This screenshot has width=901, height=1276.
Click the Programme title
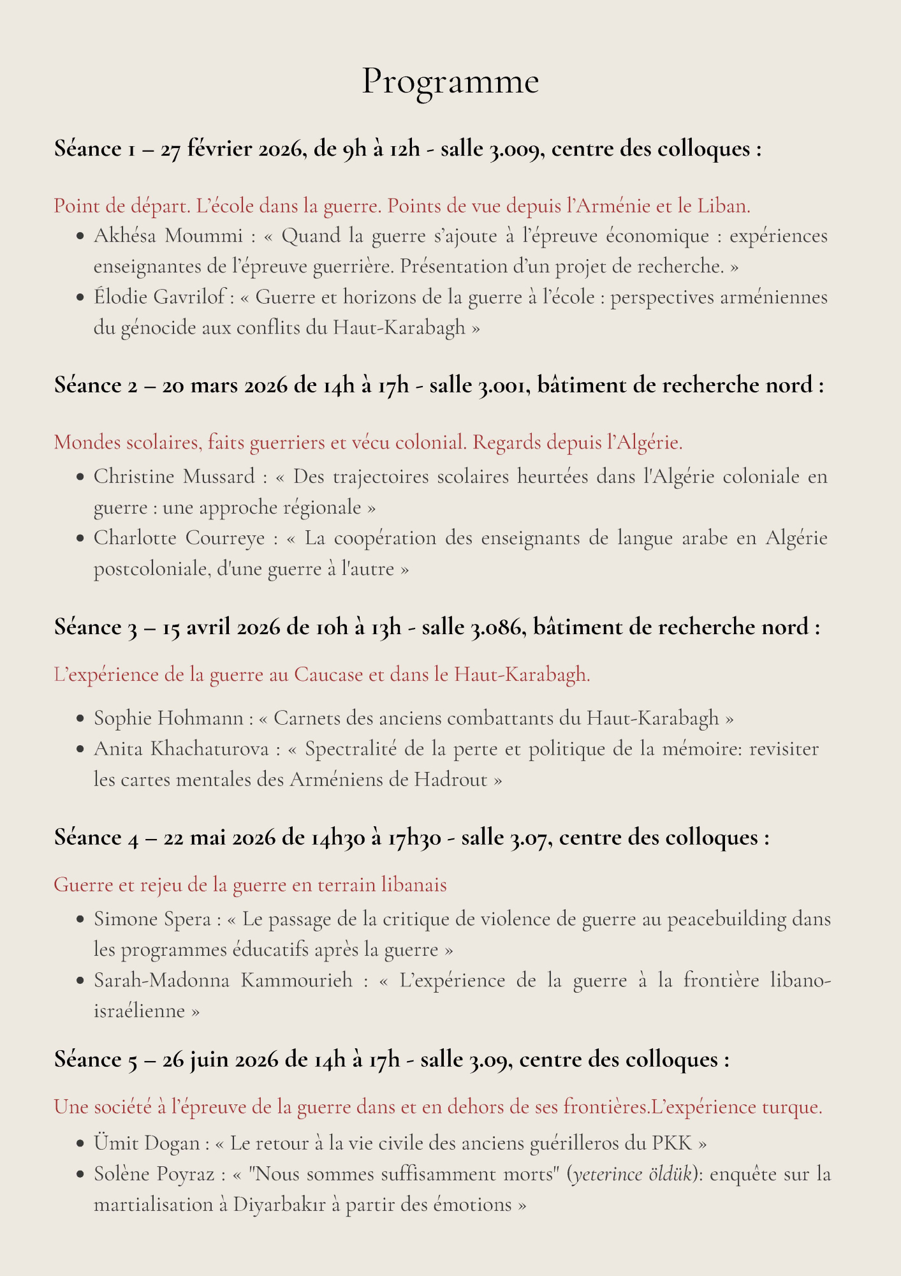[450, 82]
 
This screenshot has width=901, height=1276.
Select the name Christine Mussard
[174, 477]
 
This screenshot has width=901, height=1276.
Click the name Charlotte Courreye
[179, 538]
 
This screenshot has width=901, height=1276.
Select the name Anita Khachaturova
[182, 749]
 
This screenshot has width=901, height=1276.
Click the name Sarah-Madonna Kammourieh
[223, 981]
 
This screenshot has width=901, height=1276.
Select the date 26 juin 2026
[221, 1060]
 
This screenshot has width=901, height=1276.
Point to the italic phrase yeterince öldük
[633, 1173]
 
